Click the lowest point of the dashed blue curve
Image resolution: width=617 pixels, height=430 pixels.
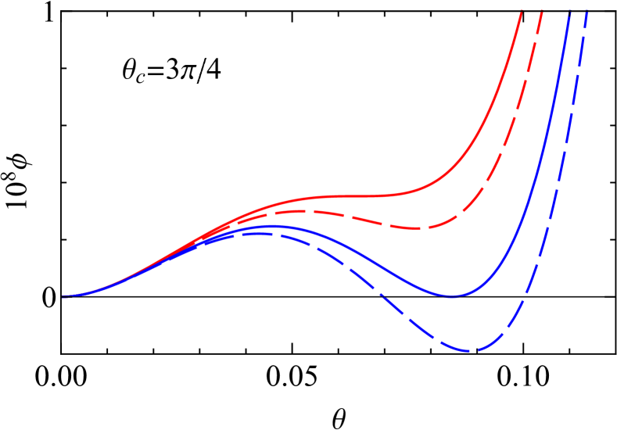[472, 351]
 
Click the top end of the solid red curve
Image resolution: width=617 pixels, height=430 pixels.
[520, 8]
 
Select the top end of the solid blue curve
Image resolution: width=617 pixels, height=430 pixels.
[570, 8]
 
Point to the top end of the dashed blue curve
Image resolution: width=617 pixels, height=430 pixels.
[587, 8]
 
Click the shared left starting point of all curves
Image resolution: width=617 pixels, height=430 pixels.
[63, 296]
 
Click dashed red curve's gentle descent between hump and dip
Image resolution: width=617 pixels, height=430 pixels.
[360, 219]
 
